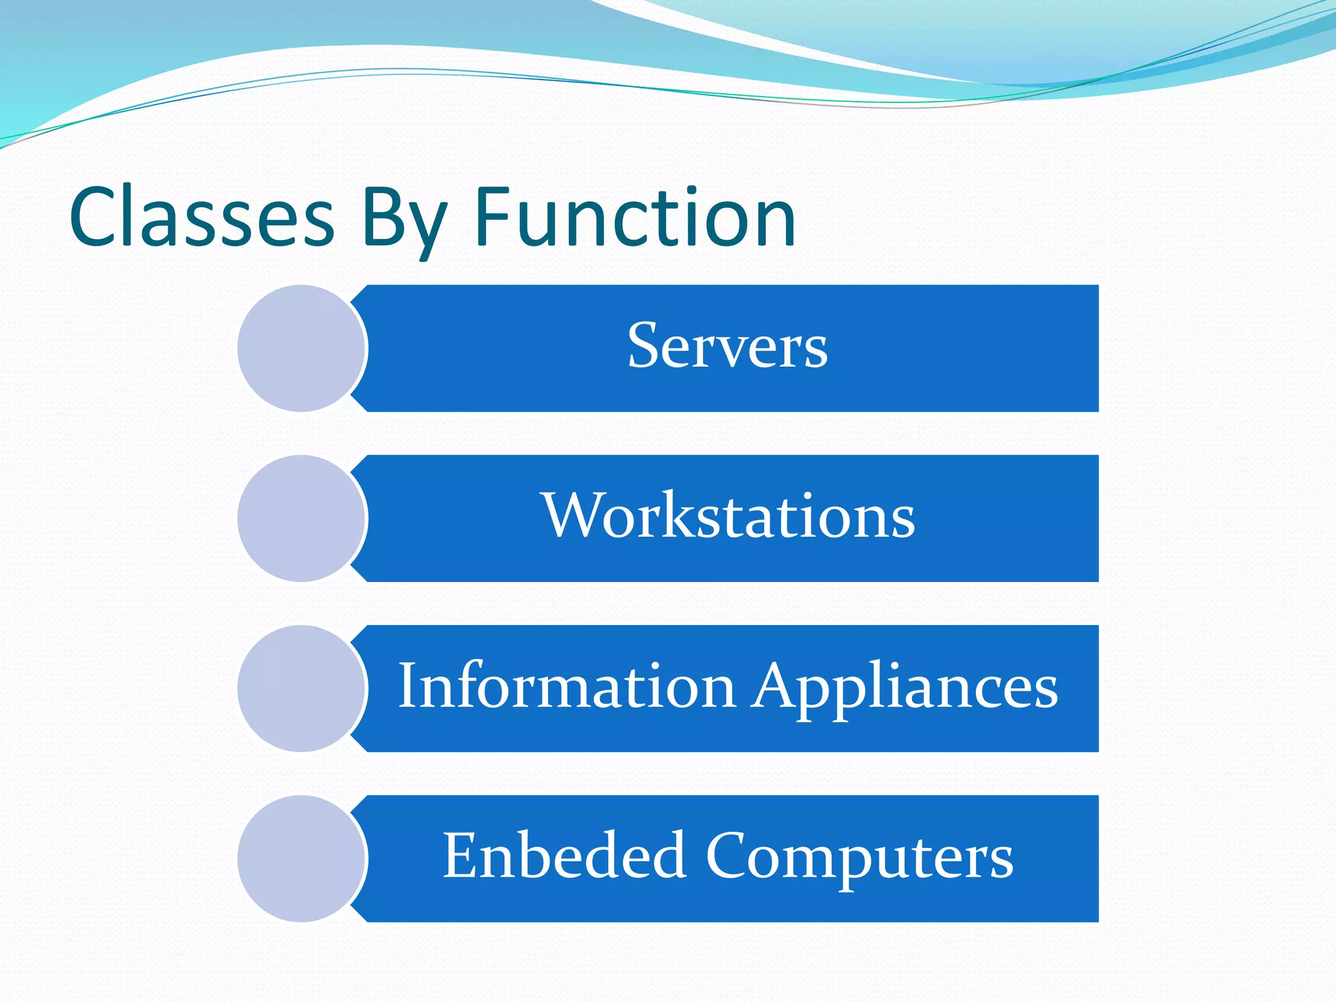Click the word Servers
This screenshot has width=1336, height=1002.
coord(727,346)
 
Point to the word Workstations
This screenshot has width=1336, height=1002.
coord(728,516)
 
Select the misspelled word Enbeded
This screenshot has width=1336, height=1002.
coord(564,856)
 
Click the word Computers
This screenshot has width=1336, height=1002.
coord(859,857)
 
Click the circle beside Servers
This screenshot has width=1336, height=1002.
coord(301,348)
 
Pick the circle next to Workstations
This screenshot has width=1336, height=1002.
coord(301,519)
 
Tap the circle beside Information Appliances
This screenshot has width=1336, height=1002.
coord(301,689)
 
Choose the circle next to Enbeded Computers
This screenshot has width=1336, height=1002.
coord(301,858)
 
